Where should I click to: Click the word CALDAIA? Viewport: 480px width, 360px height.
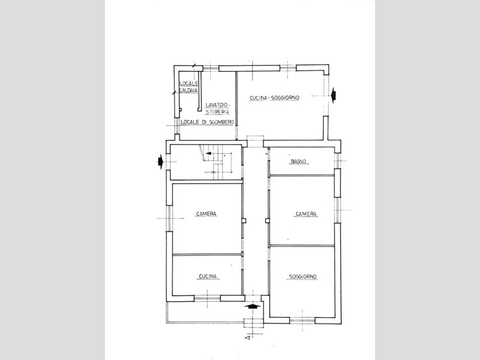(x=188, y=91)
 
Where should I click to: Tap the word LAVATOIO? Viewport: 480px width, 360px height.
(x=217, y=105)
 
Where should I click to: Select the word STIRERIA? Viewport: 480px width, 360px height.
(x=217, y=112)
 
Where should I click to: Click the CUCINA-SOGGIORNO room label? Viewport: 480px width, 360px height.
(x=274, y=98)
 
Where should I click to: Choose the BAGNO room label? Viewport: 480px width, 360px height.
(x=298, y=161)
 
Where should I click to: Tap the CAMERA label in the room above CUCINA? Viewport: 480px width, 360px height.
(x=206, y=214)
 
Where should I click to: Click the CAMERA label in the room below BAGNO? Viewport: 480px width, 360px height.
(x=306, y=214)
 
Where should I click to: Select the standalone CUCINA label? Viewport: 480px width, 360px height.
(x=208, y=277)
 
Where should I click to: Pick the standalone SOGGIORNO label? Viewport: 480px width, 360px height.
(x=303, y=277)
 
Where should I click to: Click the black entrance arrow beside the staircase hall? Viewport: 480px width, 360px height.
(x=160, y=161)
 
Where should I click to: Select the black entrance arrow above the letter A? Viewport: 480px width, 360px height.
(x=253, y=305)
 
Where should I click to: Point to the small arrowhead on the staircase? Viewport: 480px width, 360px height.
(x=208, y=153)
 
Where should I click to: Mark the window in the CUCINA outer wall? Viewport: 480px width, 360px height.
(x=207, y=298)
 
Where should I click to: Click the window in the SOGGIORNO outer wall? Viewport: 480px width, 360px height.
(x=302, y=320)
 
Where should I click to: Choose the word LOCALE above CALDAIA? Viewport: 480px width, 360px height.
(x=189, y=83)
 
